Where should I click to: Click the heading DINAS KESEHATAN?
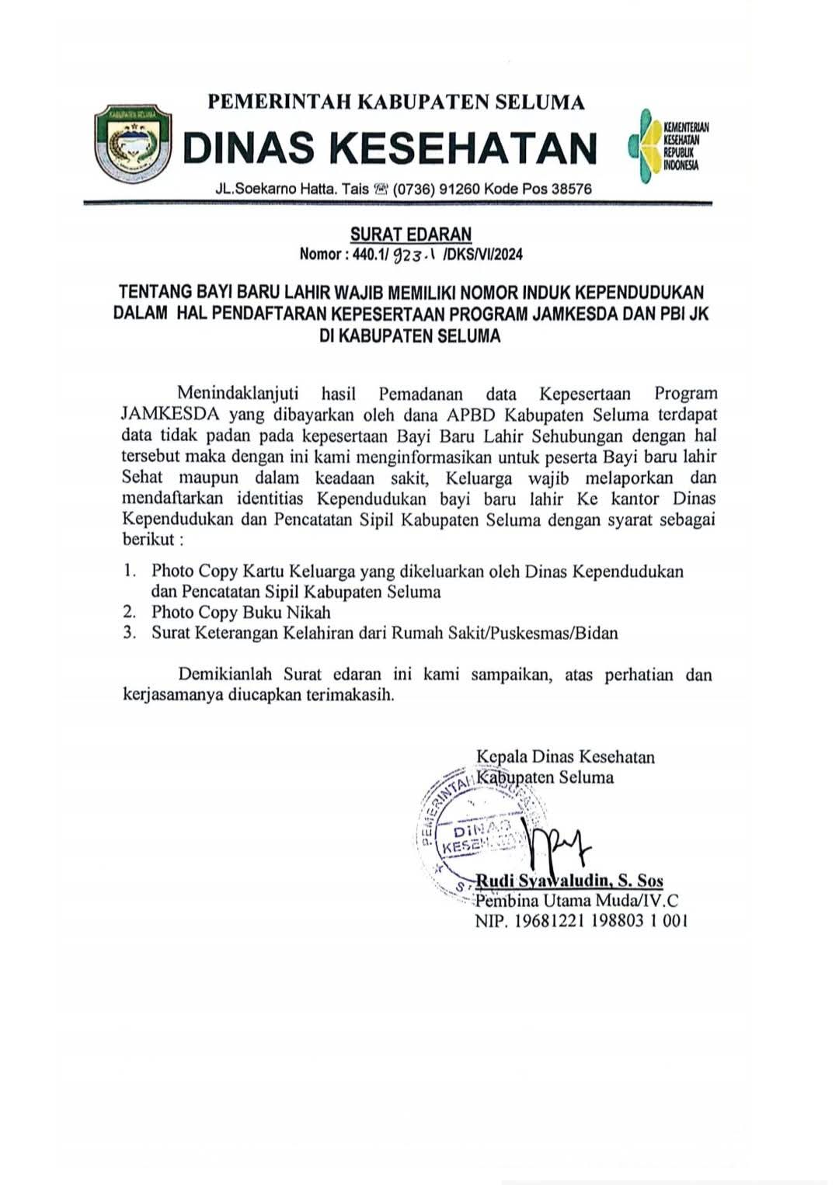coord(391,148)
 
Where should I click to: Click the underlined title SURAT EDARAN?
coord(411,234)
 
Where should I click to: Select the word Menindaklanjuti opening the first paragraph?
coord(233,394)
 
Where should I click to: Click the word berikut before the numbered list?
coord(146,540)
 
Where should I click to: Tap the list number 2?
coord(129,612)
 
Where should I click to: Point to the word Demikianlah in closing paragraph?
coord(226,675)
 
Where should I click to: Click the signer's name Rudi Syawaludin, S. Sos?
coord(569,881)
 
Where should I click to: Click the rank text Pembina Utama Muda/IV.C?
coord(576,901)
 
